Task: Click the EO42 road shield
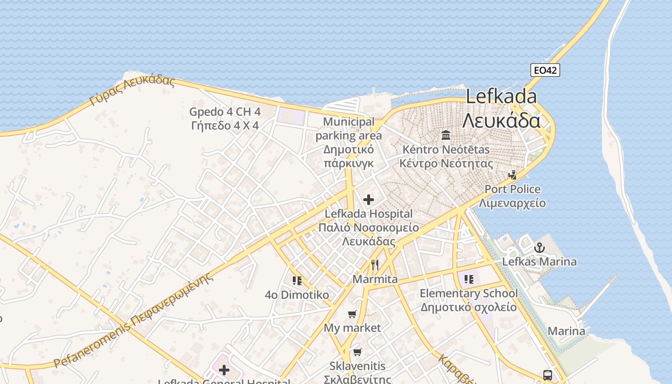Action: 545,70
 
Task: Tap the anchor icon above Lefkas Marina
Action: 540,248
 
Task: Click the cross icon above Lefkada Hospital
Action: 369,200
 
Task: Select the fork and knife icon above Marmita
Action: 375,264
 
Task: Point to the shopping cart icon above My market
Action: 352,314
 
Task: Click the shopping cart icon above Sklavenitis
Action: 357,352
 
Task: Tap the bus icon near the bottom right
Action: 548,375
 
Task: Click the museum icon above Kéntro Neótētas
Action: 446,135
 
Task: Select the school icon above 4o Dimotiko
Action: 297,280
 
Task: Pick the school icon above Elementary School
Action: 469,279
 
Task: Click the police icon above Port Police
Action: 513,175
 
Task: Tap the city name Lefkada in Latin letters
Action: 501,96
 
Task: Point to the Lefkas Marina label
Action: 540,262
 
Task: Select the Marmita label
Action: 375,279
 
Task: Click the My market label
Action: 352,328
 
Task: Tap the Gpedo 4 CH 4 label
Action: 225,112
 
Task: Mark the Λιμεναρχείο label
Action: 512,203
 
